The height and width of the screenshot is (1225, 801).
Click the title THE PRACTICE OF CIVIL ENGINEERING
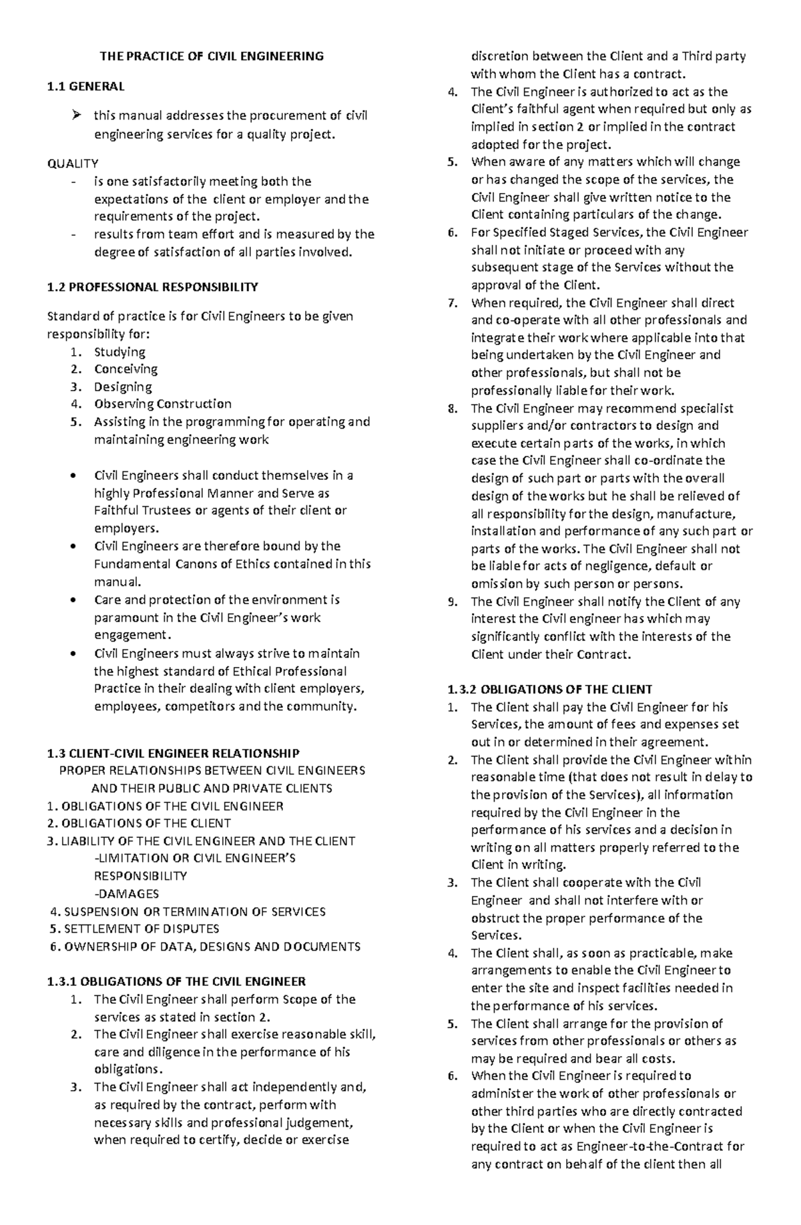[212, 56]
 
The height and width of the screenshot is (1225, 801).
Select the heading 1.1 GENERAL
[85, 86]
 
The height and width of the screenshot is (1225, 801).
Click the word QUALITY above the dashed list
[73, 164]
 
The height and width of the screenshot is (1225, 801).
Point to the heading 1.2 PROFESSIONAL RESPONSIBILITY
[152, 287]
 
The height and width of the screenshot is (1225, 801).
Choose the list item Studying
[119, 352]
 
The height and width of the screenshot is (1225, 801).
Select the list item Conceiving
[125, 369]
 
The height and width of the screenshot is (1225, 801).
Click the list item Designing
[123, 387]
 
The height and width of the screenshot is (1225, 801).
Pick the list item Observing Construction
[163, 404]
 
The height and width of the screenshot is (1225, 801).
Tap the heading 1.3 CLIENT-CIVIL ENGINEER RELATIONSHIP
[174, 754]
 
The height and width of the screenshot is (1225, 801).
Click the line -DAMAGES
[127, 894]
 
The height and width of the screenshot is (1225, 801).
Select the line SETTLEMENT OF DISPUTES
[141, 929]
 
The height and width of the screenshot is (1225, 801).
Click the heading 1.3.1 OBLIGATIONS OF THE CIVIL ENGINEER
[176, 981]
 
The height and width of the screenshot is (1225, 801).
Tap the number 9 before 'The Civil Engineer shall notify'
[453, 601]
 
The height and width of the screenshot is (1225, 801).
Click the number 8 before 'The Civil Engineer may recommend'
[453, 409]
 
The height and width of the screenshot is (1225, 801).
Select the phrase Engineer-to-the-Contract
[633, 1146]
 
